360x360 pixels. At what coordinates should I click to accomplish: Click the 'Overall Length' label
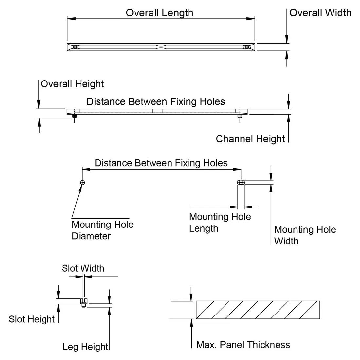pyautogui.click(x=159, y=13)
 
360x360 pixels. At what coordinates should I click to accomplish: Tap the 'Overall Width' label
pyautogui.click(x=320, y=13)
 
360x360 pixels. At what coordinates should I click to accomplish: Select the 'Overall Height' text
pyautogui.click(x=72, y=84)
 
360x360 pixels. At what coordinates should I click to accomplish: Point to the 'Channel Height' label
pyautogui.click(x=250, y=139)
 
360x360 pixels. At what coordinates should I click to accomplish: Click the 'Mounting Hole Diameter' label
pyautogui.click(x=102, y=230)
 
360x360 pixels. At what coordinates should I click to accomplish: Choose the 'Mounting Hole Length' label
pyautogui.click(x=220, y=223)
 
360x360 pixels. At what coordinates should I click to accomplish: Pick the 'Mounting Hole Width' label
pyautogui.click(x=305, y=235)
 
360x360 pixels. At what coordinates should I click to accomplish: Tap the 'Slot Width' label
pyautogui.click(x=83, y=268)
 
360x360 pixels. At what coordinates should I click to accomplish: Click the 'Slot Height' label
pyautogui.click(x=32, y=319)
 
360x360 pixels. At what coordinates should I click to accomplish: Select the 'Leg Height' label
pyautogui.click(x=85, y=347)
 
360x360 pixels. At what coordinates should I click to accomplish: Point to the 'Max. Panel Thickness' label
pyautogui.click(x=243, y=345)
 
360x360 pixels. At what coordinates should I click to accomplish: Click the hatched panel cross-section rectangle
pyautogui.click(x=258, y=310)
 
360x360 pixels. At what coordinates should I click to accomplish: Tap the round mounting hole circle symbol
pyautogui.click(x=82, y=182)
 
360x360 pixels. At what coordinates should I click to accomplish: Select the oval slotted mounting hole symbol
pyautogui.click(x=241, y=182)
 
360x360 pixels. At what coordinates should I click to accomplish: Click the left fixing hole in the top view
pyautogui.click(x=75, y=47)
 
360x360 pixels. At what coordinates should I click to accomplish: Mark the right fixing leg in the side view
pyautogui.click(x=240, y=116)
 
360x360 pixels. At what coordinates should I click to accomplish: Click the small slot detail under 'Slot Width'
pyautogui.click(x=84, y=303)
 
